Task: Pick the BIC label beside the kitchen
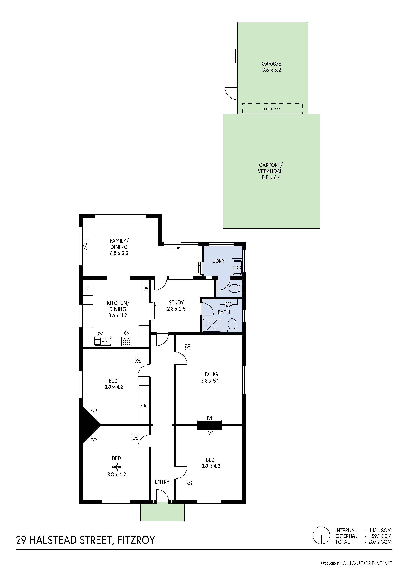tap(146, 288)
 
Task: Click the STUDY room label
tap(176, 303)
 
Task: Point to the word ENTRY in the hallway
tap(162, 482)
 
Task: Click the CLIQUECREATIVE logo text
tap(367, 564)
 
